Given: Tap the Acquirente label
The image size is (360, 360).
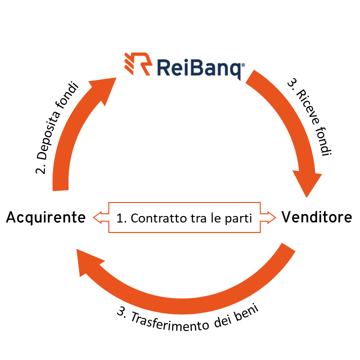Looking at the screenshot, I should [x=46, y=217].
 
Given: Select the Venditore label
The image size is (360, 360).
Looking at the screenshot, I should [x=316, y=217].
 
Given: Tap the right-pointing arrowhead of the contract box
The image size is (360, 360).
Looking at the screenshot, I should [x=269, y=217].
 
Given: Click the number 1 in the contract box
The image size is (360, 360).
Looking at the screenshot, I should [x=120, y=218].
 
